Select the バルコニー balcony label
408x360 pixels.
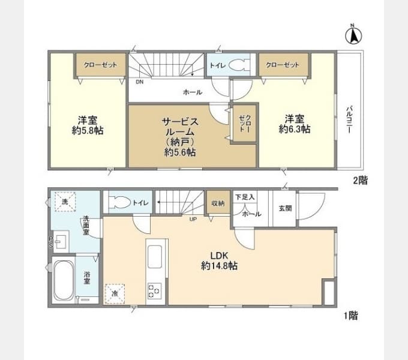click(x=348, y=120)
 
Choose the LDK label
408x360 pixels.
click(x=218, y=254)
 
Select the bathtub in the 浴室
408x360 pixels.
click(x=63, y=281)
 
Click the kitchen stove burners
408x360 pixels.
click(x=154, y=291)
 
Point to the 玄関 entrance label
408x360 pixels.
click(x=284, y=208)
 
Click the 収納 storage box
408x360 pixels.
click(x=217, y=203)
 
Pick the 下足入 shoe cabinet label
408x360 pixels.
click(x=245, y=196)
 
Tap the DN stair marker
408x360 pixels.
click(x=139, y=82)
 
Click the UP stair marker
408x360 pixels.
click(x=193, y=218)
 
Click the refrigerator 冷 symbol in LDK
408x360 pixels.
click(x=115, y=293)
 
